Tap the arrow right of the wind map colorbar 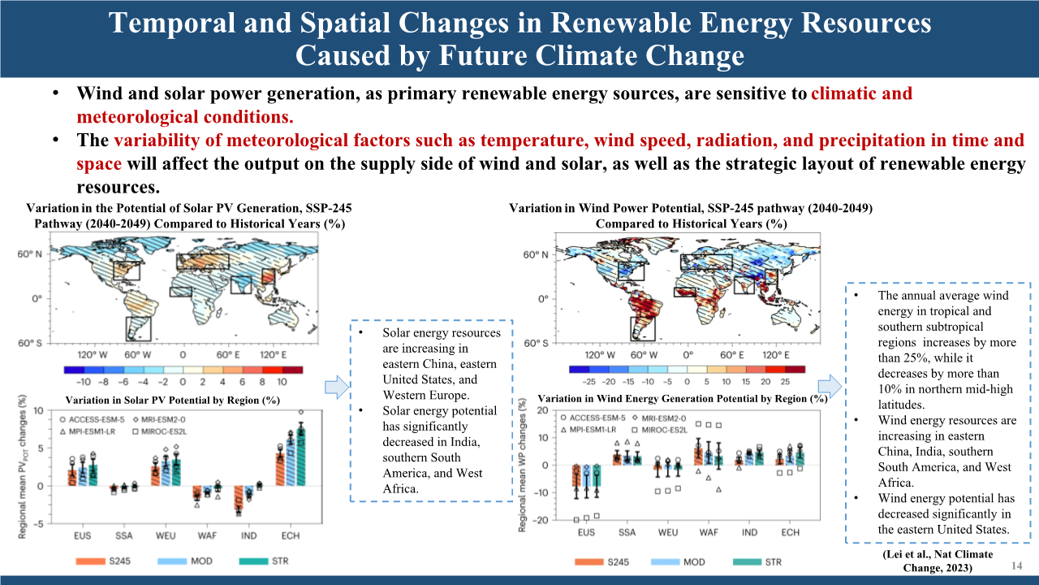(828, 385)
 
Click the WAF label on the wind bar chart (708, 533)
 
